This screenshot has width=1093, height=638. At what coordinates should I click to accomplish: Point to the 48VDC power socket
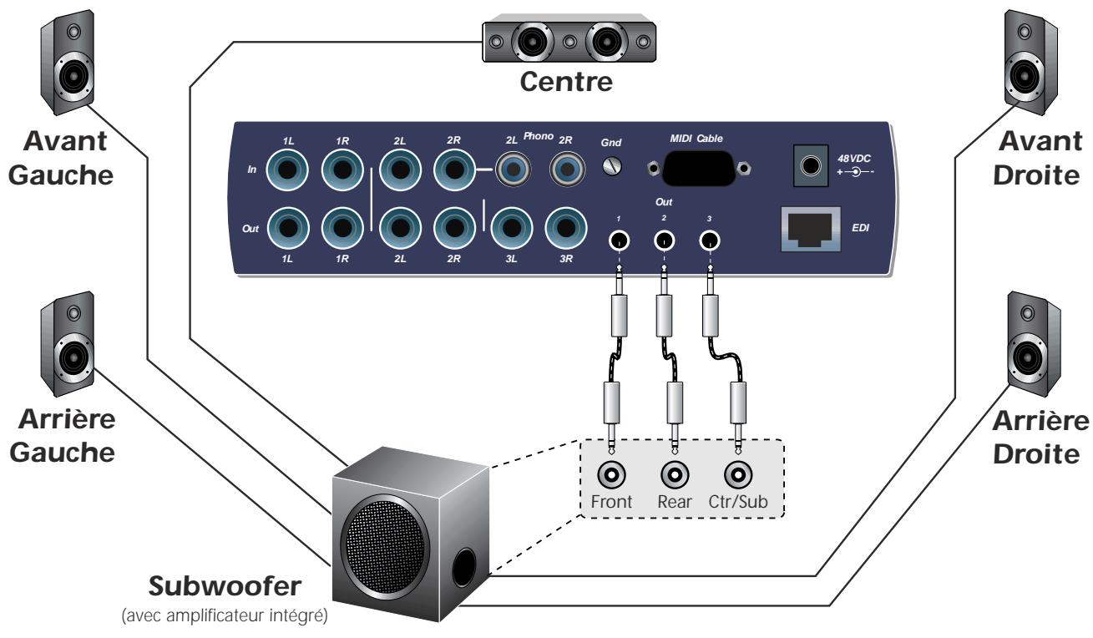pyautogui.click(x=810, y=165)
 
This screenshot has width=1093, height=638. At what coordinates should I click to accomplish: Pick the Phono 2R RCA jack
pyautogui.click(x=565, y=171)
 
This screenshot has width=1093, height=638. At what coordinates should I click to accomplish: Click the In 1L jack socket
pyautogui.click(x=289, y=171)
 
